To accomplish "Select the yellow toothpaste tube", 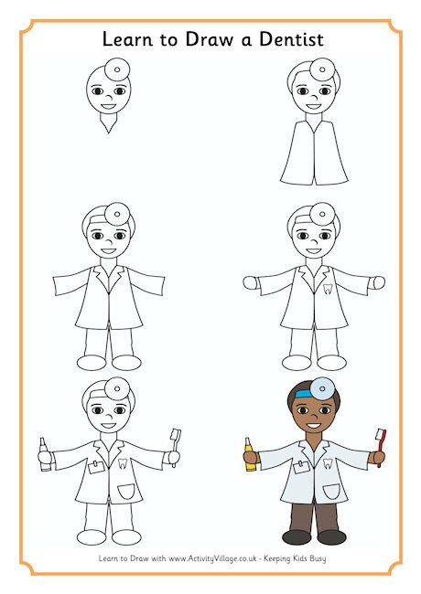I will (247, 454).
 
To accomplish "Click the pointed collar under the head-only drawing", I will (110, 126).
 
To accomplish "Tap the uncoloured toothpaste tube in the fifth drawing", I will (42, 454).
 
